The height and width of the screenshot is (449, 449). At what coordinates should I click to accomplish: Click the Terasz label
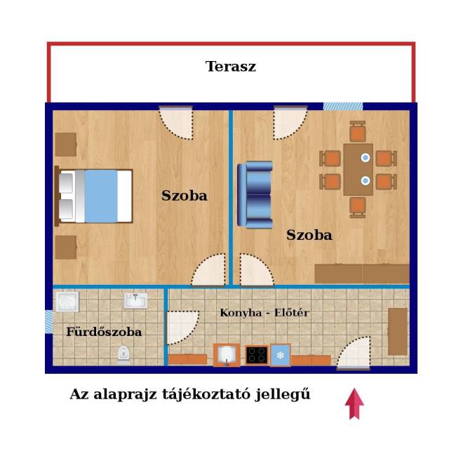[231, 67]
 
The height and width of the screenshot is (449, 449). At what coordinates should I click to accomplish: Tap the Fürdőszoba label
[104, 332]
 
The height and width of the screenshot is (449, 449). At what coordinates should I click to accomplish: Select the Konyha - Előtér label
[264, 313]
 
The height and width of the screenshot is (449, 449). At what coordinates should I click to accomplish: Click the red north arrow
[354, 404]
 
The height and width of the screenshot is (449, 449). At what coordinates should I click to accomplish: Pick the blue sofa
[255, 195]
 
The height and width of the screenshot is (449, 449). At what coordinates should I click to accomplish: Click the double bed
[93, 196]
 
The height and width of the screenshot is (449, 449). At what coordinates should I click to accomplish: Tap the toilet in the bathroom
[123, 355]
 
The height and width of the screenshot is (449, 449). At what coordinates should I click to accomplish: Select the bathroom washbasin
[135, 300]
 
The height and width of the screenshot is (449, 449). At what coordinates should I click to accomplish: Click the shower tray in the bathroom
[67, 302]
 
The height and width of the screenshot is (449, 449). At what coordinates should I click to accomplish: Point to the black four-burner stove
[257, 355]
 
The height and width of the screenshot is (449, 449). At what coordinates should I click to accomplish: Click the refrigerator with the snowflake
[281, 355]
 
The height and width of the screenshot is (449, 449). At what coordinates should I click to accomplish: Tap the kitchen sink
[227, 355]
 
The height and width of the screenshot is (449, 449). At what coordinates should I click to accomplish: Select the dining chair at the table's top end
[358, 132]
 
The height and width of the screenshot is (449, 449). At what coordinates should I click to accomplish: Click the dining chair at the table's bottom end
[358, 208]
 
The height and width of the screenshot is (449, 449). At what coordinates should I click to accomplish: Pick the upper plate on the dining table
[366, 157]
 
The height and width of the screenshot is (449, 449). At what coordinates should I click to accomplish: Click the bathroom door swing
[183, 328]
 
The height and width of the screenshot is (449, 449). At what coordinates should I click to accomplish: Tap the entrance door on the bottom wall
[354, 354]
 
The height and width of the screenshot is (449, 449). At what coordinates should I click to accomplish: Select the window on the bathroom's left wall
[49, 321]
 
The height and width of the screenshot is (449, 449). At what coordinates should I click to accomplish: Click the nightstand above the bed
[66, 145]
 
